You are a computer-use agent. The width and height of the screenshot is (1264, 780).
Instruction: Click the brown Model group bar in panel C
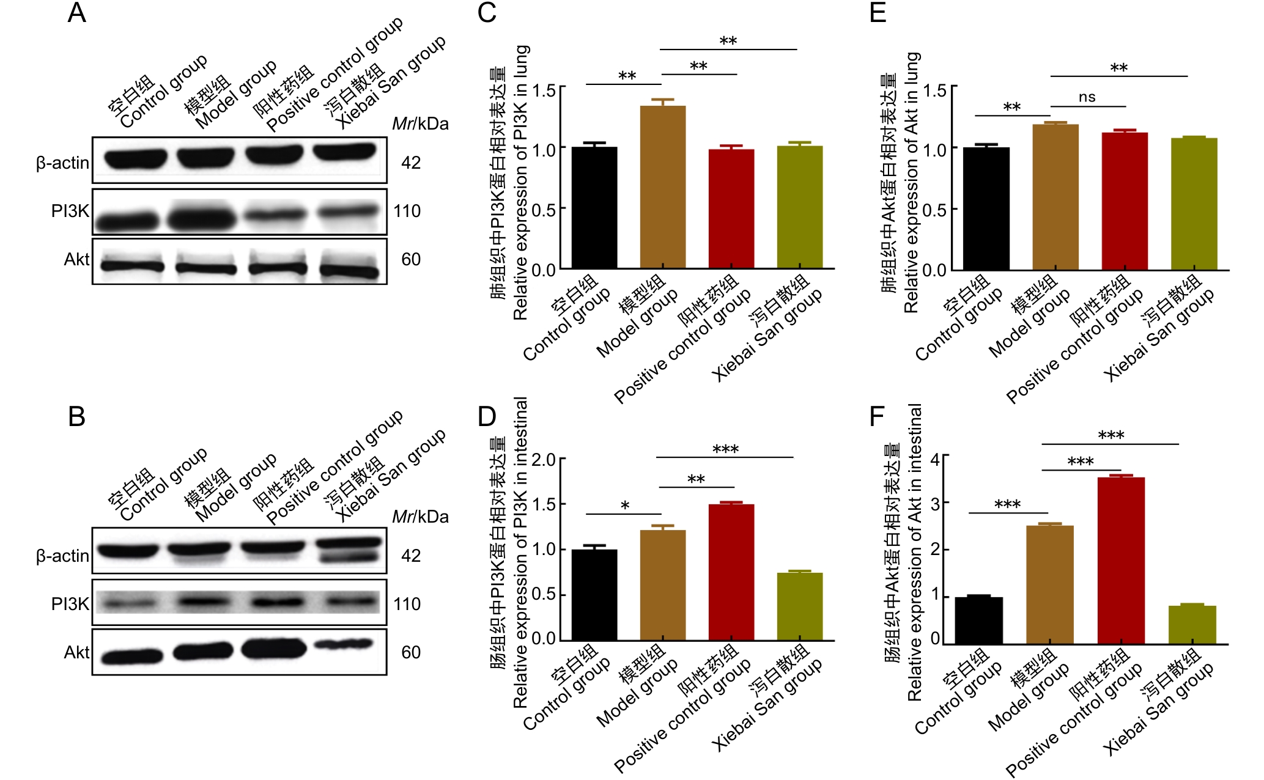(662, 187)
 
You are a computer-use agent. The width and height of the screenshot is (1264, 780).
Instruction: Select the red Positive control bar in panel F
(1121, 560)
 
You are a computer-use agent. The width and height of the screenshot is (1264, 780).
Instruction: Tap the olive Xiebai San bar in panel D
(799, 606)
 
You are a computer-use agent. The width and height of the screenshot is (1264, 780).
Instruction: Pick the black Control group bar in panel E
(986, 208)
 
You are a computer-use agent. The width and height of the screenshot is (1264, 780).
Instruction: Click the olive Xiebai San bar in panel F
(1192, 624)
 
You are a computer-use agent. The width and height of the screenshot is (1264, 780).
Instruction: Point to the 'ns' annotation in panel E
(1087, 97)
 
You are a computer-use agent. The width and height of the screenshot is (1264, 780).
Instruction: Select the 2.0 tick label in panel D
(544, 460)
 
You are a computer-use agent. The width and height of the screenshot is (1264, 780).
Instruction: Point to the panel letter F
(877, 417)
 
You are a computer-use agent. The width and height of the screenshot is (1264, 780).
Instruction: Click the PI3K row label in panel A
(70, 212)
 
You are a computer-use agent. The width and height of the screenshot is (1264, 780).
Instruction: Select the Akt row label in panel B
(76, 653)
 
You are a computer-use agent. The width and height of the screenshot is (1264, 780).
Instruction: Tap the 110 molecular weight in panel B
(407, 605)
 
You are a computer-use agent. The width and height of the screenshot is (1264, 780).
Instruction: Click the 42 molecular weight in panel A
(410, 163)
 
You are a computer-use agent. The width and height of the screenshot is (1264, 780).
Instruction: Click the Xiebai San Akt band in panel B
(343, 644)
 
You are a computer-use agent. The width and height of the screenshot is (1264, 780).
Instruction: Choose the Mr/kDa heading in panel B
(420, 517)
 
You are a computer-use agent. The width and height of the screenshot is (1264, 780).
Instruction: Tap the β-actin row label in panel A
(62, 163)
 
